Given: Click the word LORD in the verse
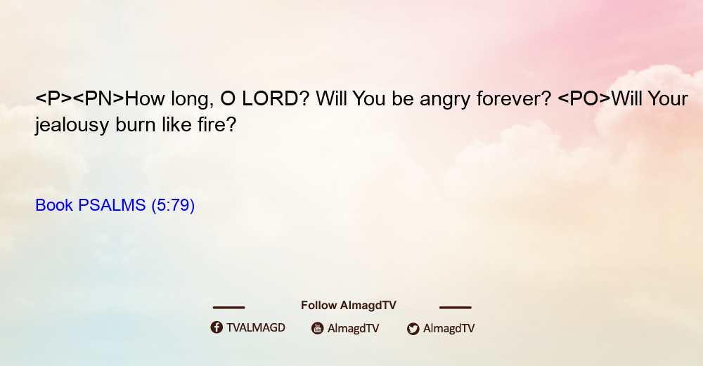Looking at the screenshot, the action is coord(270,98).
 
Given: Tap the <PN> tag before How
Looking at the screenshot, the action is coord(98,98).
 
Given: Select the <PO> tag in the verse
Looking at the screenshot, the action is coord(584,98).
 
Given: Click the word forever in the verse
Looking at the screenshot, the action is coord(514,98).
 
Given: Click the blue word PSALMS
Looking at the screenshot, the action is coord(112,205).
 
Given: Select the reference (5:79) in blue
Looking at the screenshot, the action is coord(173,206).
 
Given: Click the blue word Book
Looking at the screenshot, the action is coord(54,205).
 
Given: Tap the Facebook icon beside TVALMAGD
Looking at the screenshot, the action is coord(217,327).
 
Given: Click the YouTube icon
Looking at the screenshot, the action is coord(318,328).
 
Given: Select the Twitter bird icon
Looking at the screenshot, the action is coord(413,329).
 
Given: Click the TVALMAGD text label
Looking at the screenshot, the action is coord(256,328).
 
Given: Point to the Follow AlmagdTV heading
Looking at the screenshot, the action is coord(349,306).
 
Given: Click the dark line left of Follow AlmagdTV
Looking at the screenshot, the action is coord(228,307).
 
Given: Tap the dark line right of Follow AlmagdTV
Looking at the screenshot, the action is coord(455,307).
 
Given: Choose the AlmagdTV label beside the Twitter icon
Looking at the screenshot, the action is coord(449,328).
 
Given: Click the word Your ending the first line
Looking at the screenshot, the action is coord(668,98).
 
